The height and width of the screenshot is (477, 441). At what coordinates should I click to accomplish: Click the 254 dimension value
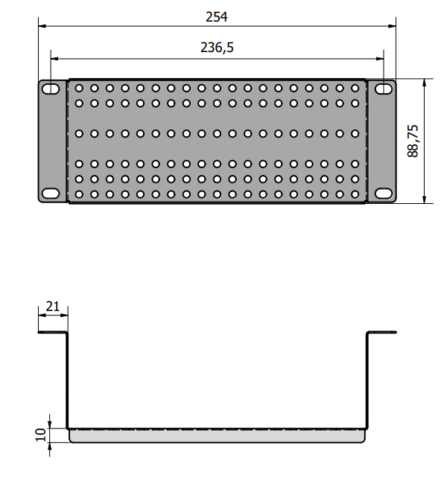tap(216, 17)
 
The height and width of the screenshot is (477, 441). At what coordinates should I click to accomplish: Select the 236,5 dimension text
tap(217, 48)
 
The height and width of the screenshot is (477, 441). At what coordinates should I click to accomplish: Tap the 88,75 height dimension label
tap(413, 141)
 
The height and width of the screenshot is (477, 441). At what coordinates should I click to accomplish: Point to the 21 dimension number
tap(53, 307)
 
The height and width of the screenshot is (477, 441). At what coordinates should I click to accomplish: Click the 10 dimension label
tap(40, 435)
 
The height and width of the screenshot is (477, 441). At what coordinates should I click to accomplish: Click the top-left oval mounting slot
tap(51, 89)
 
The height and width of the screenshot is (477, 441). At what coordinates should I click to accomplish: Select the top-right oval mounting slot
tap(384, 89)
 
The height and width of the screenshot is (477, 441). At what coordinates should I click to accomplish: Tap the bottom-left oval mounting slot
tap(51, 193)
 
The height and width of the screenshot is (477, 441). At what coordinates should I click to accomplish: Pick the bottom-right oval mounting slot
tap(384, 193)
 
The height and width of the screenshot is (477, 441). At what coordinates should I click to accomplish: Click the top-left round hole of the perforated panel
tap(79, 89)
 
